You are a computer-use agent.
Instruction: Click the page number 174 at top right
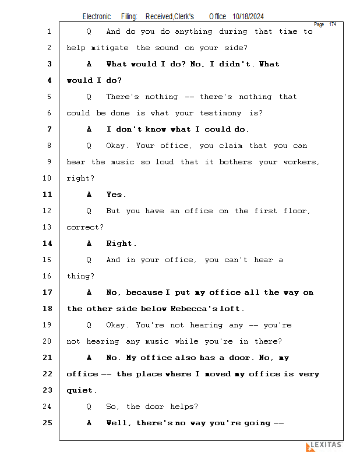(333, 24)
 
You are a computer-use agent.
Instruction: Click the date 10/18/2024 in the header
(252, 17)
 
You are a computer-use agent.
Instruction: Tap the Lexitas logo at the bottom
(324, 446)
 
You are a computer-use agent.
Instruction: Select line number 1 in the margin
(49, 31)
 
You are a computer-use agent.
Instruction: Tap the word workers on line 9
(301, 162)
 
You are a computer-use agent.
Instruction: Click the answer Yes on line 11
(115, 195)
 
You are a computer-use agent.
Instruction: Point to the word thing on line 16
(80, 276)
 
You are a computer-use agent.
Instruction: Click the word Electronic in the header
(97, 17)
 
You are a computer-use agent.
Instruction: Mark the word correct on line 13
(84, 227)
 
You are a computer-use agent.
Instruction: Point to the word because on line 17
(144, 292)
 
